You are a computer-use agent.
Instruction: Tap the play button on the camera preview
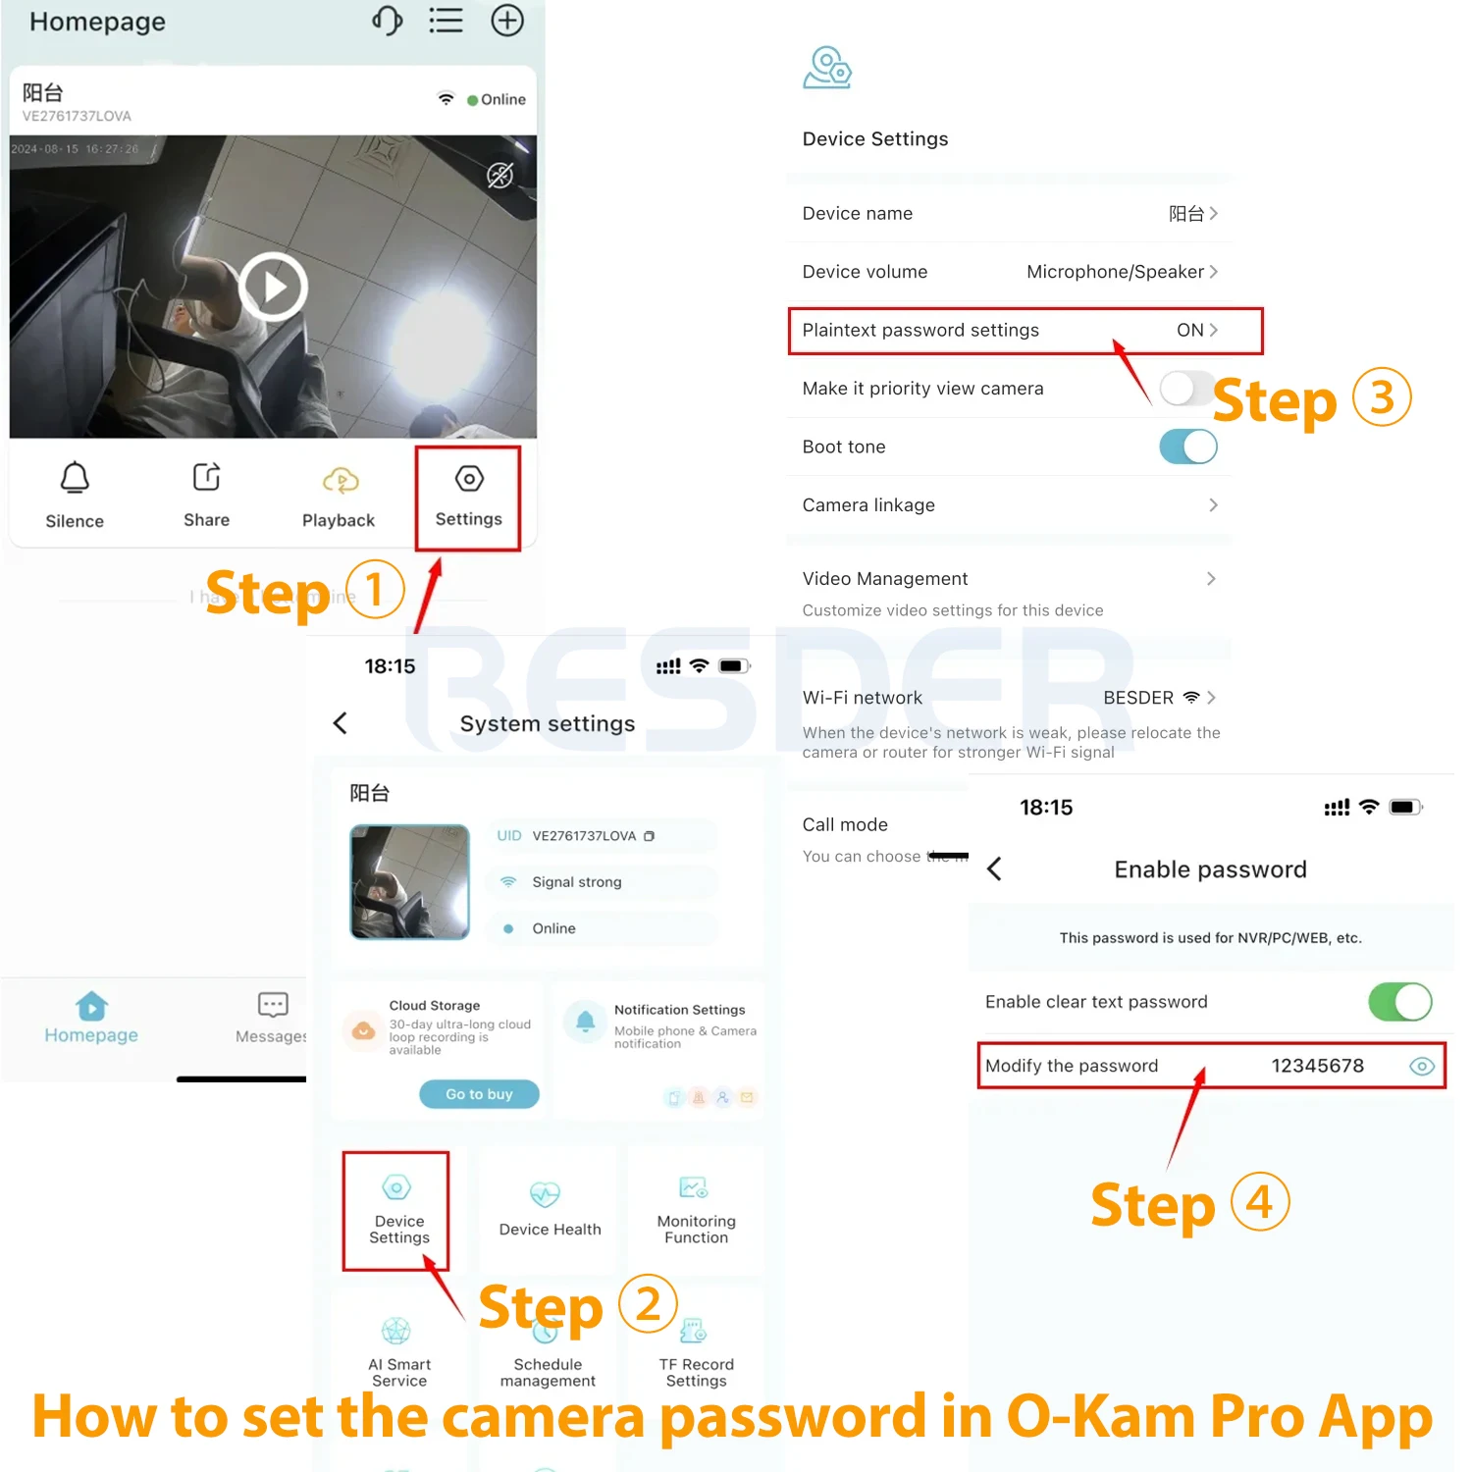[x=273, y=287]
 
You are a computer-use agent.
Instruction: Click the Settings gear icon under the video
[x=469, y=479]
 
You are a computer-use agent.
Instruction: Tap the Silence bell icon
[x=75, y=478]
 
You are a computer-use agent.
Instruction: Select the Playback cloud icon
[x=340, y=480]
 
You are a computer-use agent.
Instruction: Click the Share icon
[x=206, y=477]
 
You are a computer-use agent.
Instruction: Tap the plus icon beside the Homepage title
[x=506, y=21]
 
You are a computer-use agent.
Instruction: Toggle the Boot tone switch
[x=1187, y=447]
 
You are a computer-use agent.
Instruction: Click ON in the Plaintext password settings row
[x=1189, y=330]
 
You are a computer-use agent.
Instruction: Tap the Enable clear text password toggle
[x=1399, y=1002]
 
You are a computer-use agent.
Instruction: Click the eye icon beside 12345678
[x=1421, y=1066]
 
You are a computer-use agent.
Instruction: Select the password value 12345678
[x=1317, y=1066]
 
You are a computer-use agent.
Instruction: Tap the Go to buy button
[x=479, y=1094]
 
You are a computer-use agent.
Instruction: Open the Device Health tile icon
[x=545, y=1194]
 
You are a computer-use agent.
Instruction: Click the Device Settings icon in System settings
[x=396, y=1188]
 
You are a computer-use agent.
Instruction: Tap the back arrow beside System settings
[x=341, y=723]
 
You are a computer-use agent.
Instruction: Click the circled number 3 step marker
[x=1382, y=397]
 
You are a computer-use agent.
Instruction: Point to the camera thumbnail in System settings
[x=409, y=881]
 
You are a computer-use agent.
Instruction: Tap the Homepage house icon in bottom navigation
[x=91, y=1006]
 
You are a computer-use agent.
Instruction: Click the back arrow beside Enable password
[x=994, y=868]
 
